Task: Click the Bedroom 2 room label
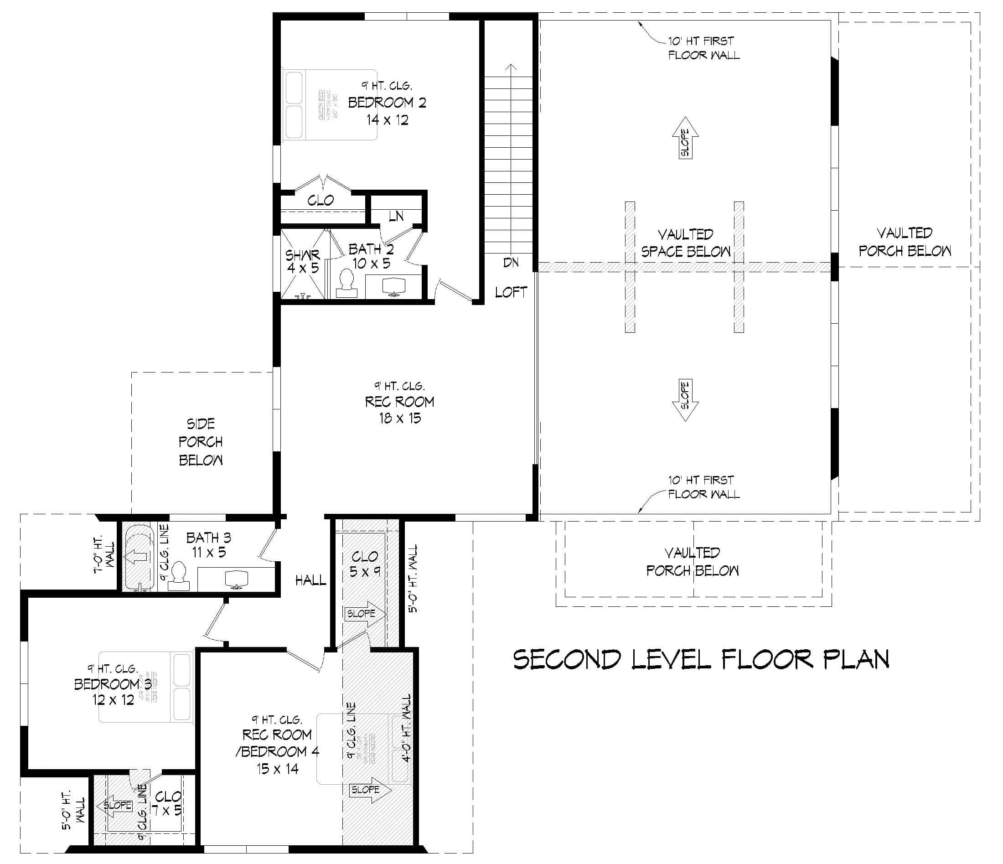387,103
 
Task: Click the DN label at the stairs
511,262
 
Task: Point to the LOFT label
511,292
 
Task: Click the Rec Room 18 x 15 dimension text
400,418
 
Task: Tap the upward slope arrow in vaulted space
685,138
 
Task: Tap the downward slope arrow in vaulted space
685,400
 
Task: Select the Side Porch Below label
201,441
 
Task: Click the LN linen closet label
396,216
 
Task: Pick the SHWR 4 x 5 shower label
303,261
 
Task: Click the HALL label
311,580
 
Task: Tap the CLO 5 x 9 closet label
365,564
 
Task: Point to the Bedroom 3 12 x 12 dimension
113,700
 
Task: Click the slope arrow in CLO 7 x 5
115,805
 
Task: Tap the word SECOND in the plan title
567,659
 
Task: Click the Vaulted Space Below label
685,243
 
